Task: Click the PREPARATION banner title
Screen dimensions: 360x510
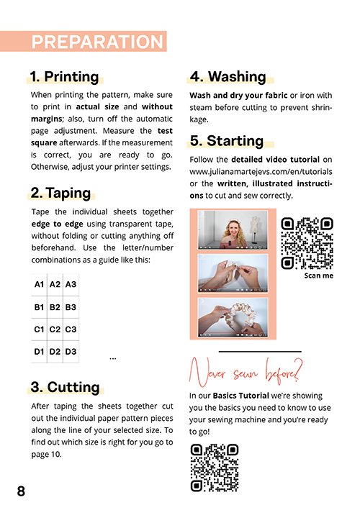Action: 97,42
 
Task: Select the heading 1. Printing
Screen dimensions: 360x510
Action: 64,77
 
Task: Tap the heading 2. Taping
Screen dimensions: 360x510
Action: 60,193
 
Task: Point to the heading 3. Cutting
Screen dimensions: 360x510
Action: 65,387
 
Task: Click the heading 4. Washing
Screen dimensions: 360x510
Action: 228,77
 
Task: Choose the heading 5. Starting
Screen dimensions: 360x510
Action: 227,141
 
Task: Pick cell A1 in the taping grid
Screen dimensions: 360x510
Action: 39,285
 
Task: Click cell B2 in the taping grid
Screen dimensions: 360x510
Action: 55,307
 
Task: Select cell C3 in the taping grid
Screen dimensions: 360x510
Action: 71,329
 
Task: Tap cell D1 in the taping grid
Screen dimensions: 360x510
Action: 39,352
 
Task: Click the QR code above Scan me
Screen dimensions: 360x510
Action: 307,243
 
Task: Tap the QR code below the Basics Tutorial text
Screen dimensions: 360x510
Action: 215,468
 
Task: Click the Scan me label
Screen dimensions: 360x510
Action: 319,276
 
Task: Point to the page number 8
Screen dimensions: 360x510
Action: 21,491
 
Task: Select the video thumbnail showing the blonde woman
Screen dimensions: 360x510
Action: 233,229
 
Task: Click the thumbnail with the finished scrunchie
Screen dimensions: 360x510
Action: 233,317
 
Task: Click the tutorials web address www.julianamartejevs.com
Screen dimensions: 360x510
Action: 261,172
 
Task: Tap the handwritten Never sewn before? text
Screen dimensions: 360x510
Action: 246,373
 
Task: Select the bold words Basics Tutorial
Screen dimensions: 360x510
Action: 241,396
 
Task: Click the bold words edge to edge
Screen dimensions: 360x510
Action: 58,224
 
